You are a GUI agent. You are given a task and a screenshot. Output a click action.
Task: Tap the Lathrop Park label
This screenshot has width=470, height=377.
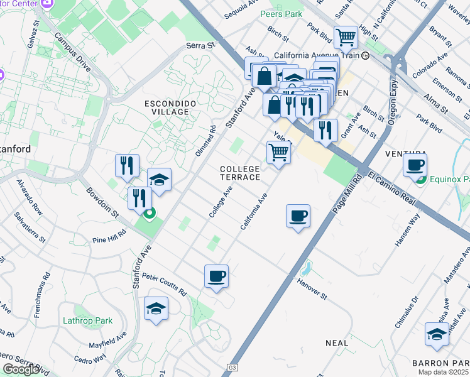pyautogui.click(x=87, y=320)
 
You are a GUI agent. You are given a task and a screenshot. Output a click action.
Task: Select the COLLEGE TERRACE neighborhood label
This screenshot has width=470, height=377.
pyautogui.click(x=239, y=173)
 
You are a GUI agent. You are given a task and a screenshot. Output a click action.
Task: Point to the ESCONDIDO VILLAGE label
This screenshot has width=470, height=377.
pyautogui.click(x=167, y=107)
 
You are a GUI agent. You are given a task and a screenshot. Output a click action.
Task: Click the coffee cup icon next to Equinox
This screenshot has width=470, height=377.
pyautogui.click(x=415, y=166)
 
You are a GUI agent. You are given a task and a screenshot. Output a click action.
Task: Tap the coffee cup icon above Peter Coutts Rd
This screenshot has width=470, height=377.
pyautogui.click(x=216, y=276)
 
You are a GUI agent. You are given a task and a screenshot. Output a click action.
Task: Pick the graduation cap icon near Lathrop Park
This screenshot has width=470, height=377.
pyautogui.click(x=156, y=308)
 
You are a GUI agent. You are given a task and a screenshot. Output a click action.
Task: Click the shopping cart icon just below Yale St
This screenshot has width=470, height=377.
pyautogui.click(x=278, y=152)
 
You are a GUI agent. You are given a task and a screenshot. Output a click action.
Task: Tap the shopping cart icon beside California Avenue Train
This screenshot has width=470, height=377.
pyautogui.click(x=346, y=37)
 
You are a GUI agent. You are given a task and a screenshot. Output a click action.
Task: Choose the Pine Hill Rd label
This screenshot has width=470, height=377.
pyautogui.click(x=109, y=235)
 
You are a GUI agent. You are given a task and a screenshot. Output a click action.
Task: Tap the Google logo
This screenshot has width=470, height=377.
pyautogui.click(x=21, y=369)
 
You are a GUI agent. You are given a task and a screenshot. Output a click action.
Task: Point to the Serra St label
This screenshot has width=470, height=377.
pyautogui.click(x=200, y=45)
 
